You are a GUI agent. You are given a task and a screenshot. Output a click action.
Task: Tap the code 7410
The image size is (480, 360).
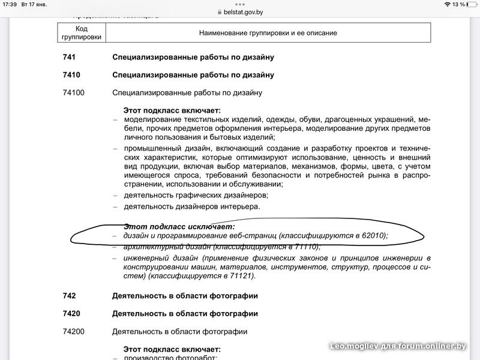[71, 75]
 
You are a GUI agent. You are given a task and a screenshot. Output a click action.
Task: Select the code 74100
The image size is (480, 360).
[74, 93]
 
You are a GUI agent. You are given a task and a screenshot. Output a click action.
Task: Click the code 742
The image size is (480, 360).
[70, 296]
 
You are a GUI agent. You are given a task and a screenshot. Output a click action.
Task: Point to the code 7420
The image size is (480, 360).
[71, 314]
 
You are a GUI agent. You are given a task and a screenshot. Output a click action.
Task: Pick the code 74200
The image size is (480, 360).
[74, 332]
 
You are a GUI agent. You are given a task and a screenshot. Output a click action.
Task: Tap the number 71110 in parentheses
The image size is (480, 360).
[305, 247]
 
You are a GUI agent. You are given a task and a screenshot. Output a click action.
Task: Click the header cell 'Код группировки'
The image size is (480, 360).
[82, 33]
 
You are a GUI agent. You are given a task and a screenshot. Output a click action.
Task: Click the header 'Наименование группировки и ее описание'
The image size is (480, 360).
[268, 33]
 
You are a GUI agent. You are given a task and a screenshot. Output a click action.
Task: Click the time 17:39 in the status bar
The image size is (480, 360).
[10, 4]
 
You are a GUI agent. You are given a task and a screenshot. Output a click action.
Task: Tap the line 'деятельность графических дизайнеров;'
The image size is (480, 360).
[196, 195]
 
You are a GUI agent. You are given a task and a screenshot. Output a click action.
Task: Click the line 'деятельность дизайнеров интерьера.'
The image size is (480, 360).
[192, 206]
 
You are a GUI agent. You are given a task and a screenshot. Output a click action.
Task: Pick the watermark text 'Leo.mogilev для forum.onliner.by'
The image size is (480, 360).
[398, 346]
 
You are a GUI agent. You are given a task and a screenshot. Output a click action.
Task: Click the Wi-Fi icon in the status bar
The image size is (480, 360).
[446, 4]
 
